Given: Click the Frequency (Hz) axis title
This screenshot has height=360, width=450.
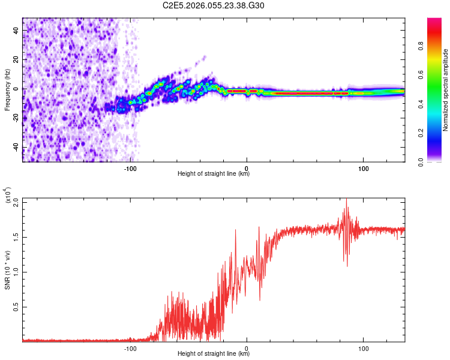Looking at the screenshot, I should (x=8, y=89).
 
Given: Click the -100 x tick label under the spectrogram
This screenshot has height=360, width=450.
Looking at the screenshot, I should (x=131, y=167).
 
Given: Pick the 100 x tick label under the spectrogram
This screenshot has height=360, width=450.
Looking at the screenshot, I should (x=363, y=167).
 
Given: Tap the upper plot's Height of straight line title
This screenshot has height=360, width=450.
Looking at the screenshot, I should (x=214, y=174).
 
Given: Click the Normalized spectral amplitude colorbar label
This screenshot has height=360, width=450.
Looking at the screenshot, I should (x=446, y=89).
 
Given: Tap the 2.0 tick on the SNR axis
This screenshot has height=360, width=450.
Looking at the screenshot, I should (x=16, y=202).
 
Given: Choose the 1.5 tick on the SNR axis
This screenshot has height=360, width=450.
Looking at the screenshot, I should (x=16, y=237).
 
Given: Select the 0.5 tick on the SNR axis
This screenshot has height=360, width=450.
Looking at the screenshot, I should (x=16, y=307).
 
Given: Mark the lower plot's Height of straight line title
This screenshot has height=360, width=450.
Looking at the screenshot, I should (x=214, y=353).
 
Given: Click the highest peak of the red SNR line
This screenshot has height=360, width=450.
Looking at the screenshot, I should (x=346, y=200).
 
